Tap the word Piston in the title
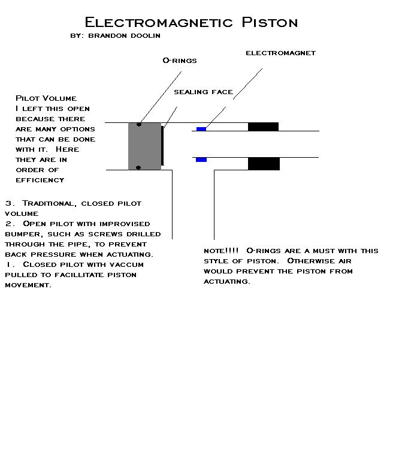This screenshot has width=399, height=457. [270, 23]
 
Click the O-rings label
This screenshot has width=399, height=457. [180, 61]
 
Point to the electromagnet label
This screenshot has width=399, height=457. [280, 53]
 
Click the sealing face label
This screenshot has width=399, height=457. [203, 92]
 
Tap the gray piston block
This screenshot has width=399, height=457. [144, 146]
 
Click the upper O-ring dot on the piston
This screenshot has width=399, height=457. [139, 125]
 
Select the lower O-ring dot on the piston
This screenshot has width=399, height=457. [138, 168]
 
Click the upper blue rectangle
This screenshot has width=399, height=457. [201, 129]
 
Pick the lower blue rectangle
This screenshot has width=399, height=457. [201, 160]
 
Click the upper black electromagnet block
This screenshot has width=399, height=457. [263, 127]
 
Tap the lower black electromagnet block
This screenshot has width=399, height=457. [264, 164]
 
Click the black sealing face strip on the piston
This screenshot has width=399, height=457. [162, 145]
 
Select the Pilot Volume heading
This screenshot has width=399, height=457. [46, 98]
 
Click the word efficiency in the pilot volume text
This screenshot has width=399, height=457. [40, 179]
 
